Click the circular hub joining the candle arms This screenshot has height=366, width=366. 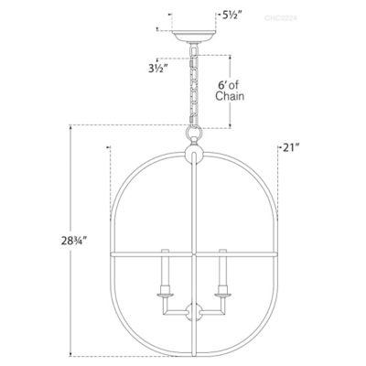pos(193,313)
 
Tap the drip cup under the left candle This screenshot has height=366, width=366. pos(166,292)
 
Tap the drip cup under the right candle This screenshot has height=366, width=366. pos(221,292)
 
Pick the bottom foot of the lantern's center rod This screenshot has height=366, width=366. pos(193,354)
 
